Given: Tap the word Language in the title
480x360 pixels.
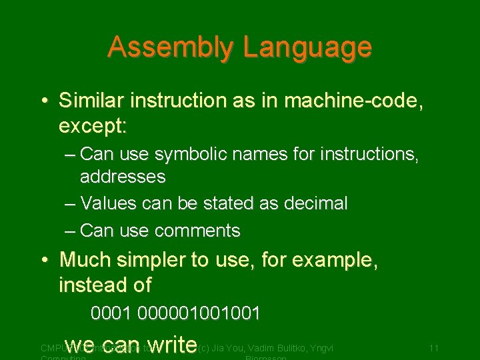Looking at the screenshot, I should point(307,47).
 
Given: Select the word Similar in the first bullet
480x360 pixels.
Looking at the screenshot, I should point(92,101).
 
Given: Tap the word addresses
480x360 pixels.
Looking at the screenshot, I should point(123,177).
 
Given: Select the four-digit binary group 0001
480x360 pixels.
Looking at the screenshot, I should point(111,313).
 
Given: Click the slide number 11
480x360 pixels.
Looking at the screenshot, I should point(433,348).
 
